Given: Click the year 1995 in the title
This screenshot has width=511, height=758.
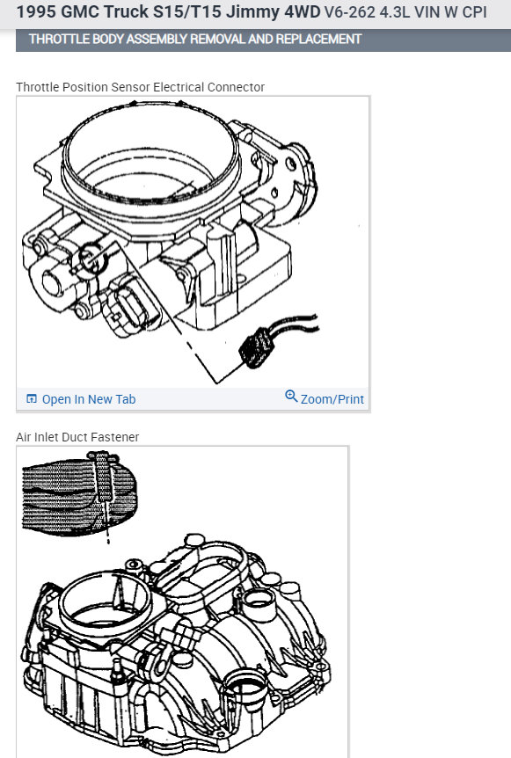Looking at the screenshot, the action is (36, 11).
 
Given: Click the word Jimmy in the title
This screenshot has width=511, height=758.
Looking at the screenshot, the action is (254, 11).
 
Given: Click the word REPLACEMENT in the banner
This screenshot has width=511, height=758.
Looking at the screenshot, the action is (318, 40).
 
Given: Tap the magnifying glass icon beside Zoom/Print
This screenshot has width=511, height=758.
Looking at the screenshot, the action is (291, 396).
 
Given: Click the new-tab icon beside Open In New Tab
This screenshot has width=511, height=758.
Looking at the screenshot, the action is (32, 399).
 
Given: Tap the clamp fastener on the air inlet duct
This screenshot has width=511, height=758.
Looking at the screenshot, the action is (103, 476).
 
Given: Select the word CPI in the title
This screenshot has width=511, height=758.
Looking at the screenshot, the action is (474, 11).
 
